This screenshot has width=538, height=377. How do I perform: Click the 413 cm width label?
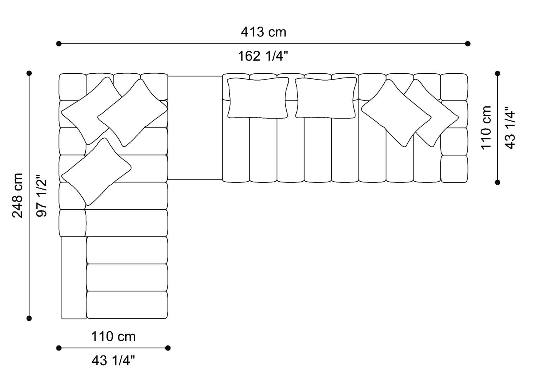click(x=263, y=32)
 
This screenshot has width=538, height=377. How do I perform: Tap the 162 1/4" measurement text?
click(x=262, y=56)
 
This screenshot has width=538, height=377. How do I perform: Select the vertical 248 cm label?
click(x=18, y=195)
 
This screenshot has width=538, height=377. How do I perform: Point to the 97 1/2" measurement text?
click(x=42, y=196)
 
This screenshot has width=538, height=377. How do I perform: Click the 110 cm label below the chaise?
click(x=113, y=337)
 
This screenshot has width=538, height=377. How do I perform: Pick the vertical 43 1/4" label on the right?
click(x=510, y=127)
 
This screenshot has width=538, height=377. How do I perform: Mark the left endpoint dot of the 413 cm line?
click(x=59, y=44)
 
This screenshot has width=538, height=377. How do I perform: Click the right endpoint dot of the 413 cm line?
click(x=468, y=44)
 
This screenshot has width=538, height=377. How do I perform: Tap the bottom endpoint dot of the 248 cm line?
click(x=29, y=318)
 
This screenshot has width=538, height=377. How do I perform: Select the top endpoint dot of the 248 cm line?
click(x=29, y=73)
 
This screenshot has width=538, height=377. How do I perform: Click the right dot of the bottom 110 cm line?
click(x=168, y=348)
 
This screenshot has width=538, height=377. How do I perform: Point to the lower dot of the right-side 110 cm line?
click(x=498, y=182)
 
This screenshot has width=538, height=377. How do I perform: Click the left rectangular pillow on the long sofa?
click(x=258, y=98)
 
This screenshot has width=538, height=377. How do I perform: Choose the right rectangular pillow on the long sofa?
click(x=326, y=98)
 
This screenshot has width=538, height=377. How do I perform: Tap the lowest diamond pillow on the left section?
click(x=96, y=172)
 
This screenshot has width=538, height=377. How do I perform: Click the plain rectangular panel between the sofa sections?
click(x=195, y=128)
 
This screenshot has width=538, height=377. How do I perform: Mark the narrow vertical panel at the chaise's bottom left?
click(x=74, y=278)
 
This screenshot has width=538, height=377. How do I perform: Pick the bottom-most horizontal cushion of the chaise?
click(x=127, y=305)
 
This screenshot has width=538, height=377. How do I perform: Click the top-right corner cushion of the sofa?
click(x=454, y=87)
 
